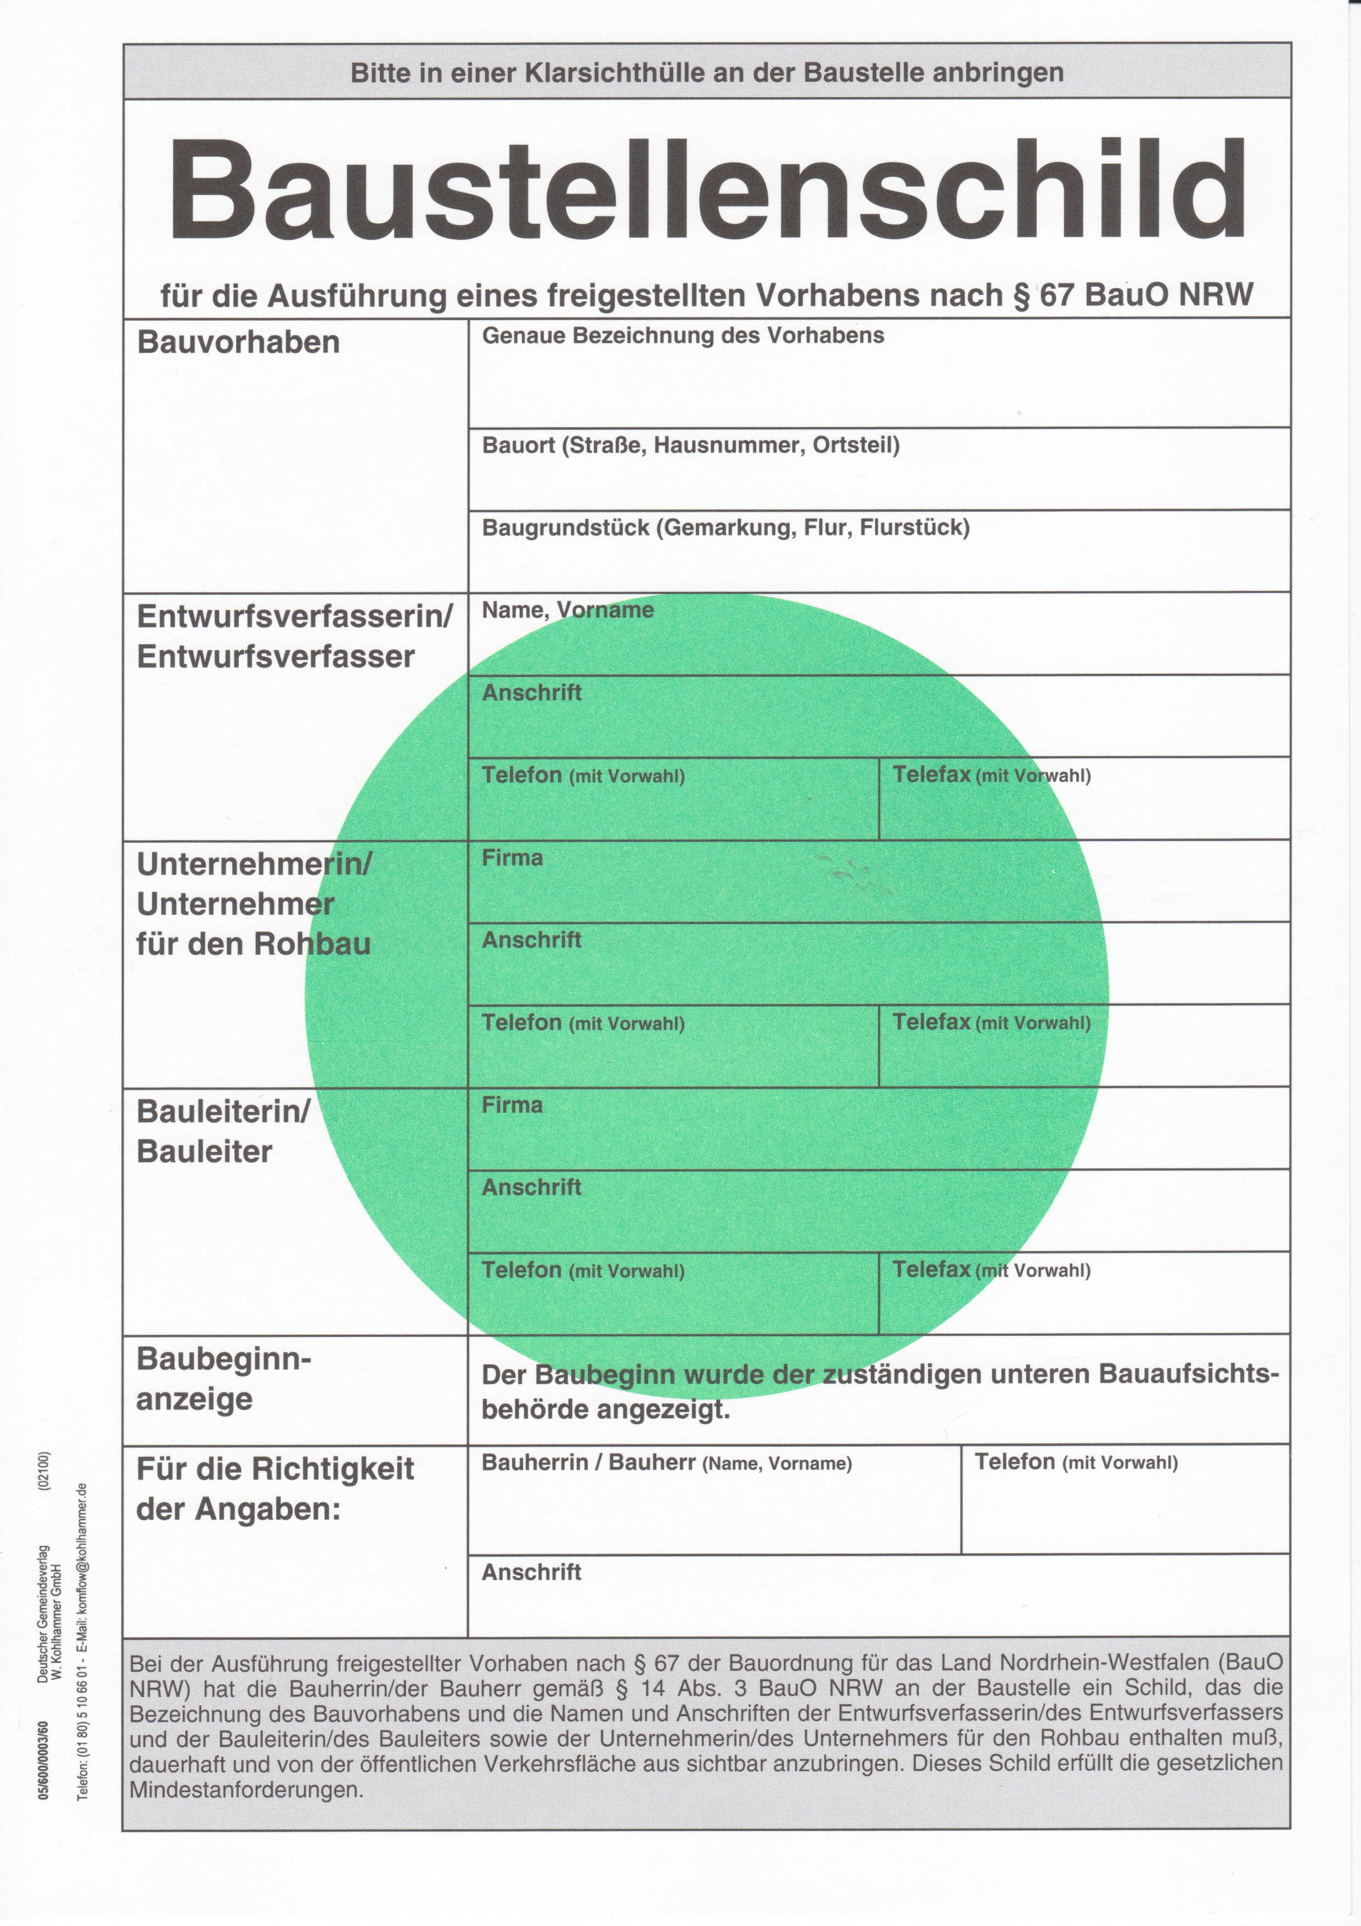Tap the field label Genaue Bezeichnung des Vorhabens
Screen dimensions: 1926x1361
pyautogui.click(x=683, y=335)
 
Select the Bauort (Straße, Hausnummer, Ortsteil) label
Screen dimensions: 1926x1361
pyautogui.click(x=690, y=445)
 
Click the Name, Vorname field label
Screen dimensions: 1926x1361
pyautogui.click(x=567, y=610)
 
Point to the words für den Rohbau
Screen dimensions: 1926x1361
pyautogui.click(x=253, y=944)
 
